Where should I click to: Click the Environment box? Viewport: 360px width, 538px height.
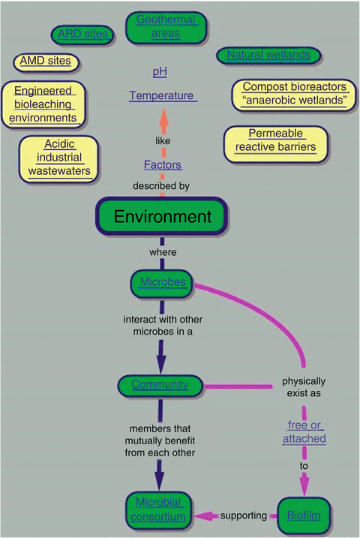pyautogui.click(x=163, y=217)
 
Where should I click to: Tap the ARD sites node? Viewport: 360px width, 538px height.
pyautogui.click(x=82, y=34)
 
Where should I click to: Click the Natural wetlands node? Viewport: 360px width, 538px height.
pyautogui.click(x=268, y=55)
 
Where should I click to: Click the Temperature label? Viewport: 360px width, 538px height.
pyautogui.click(x=162, y=96)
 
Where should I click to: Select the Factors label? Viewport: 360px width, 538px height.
pyautogui.click(x=163, y=165)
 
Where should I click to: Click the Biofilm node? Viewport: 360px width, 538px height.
pyautogui.click(x=304, y=515)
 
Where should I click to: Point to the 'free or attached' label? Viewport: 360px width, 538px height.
pyautogui.click(x=304, y=433)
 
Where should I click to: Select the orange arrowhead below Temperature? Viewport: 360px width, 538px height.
pyautogui.click(x=163, y=118)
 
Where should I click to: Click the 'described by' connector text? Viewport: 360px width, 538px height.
pyautogui.click(x=163, y=185)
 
